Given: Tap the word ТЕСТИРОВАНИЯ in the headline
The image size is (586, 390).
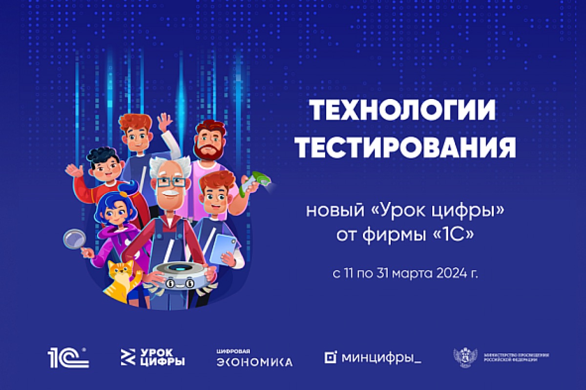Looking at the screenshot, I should tap(406, 147).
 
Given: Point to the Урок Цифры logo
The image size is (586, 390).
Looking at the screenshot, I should tap(152, 358).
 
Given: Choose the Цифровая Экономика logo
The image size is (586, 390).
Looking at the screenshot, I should tap(254, 358).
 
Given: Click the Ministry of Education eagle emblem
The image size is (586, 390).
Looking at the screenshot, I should tap(463, 357).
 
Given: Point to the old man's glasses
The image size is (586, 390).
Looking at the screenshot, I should tap(171, 182).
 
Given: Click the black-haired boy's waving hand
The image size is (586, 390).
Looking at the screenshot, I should tap(74, 171).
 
